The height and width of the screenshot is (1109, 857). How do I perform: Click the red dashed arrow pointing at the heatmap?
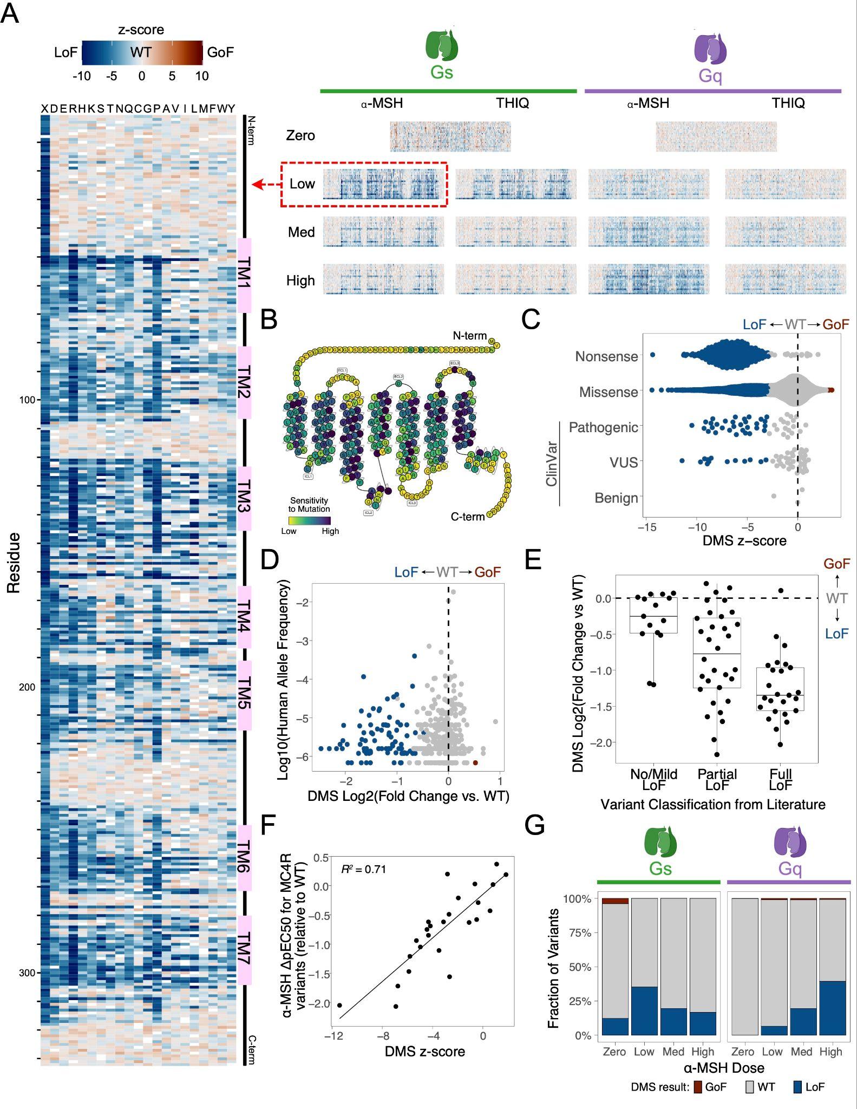pyautogui.click(x=266, y=185)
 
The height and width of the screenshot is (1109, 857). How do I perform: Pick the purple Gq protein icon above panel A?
pyautogui.click(x=710, y=48)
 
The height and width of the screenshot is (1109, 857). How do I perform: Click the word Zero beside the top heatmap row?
pyautogui.click(x=300, y=135)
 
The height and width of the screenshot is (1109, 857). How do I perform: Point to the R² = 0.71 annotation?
pyautogui.click(x=363, y=870)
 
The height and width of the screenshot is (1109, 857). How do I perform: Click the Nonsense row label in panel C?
pyautogui.click(x=606, y=356)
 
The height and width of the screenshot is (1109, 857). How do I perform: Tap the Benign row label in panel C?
pyautogui.click(x=616, y=498)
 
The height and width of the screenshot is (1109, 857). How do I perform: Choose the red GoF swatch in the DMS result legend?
pyautogui.click(x=698, y=1087)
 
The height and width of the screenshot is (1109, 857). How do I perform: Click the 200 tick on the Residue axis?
pyautogui.click(x=27, y=687)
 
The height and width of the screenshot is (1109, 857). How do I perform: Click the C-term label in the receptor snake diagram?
pyautogui.click(x=468, y=517)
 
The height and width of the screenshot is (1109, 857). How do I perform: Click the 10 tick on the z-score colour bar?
pyautogui.click(x=202, y=76)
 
